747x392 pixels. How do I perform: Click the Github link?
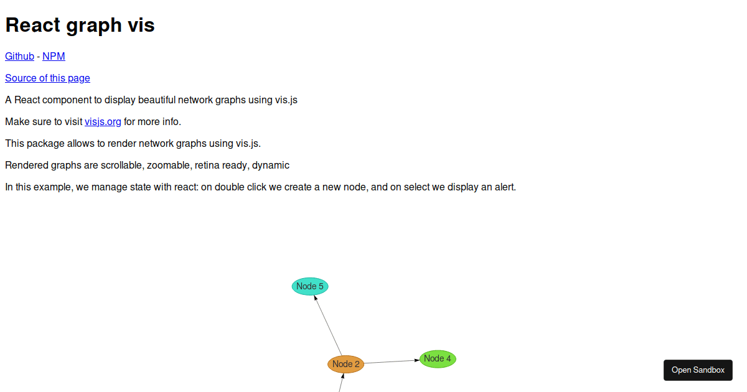[x=19, y=57]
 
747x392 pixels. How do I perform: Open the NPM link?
[x=54, y=57]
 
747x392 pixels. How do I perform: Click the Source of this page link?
[x=47, y=78]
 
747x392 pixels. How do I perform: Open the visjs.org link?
[x=103, y=122]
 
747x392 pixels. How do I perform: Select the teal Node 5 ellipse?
[x=310, y=286]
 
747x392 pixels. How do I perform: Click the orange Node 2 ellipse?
[x=346, y=364]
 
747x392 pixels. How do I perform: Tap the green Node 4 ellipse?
[x=438, y=358]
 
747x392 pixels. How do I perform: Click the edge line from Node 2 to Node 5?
[x=328, y=325]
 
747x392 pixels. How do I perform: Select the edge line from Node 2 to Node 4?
[x=392, y=362]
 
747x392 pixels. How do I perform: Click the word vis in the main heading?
[x=141, y=25]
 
